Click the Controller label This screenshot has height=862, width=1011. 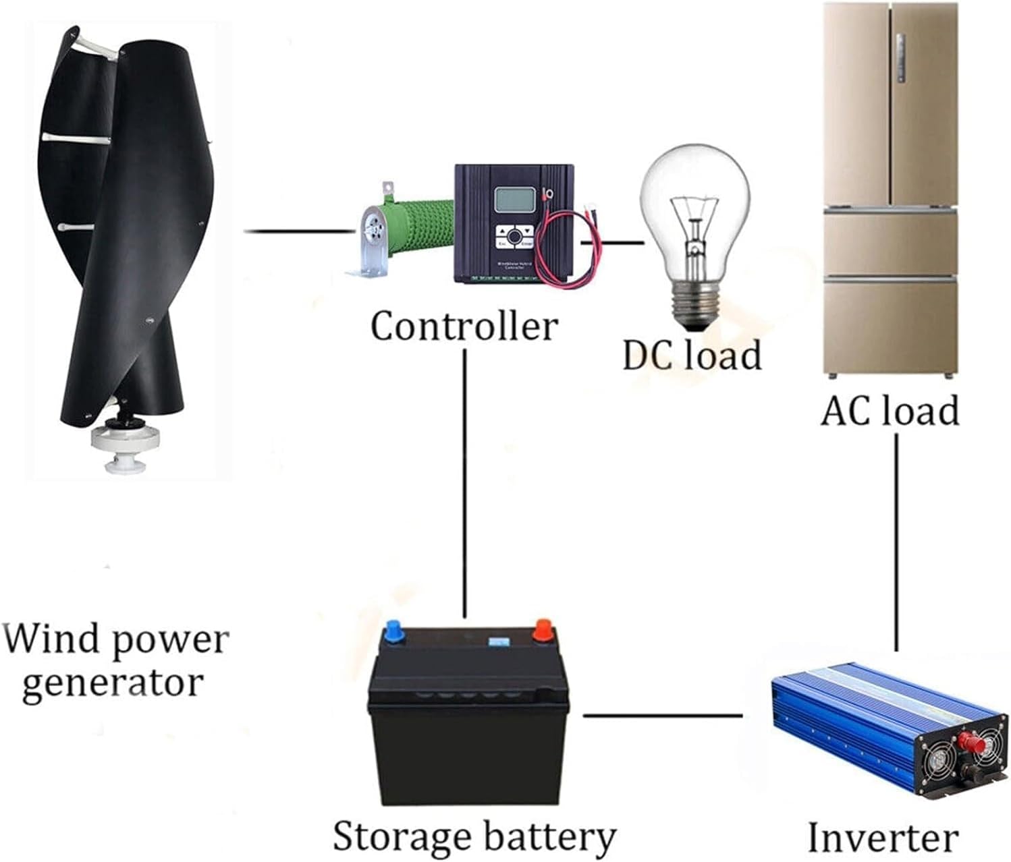(x=464, y=326)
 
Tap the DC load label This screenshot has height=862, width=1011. (x=692, y=355)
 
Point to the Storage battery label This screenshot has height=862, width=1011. (x=474, y=836)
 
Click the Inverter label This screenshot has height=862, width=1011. (x=883, y=838)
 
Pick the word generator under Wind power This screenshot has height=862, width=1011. (x=112, y=683)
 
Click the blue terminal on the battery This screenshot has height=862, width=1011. (x=392, y=633)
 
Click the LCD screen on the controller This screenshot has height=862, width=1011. (x=516, y=200)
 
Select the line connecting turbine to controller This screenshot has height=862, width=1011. (x=297, y=231)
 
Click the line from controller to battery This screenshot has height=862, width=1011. (x=464, y=482)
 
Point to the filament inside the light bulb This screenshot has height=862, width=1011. (x=694, y=216)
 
